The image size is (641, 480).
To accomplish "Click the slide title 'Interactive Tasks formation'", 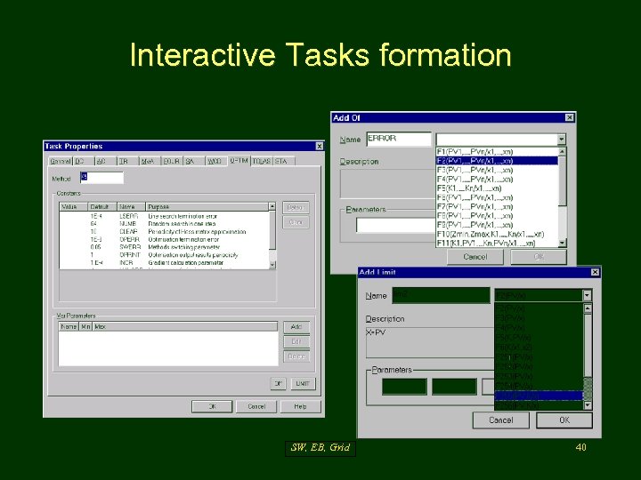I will [x=320, y=55].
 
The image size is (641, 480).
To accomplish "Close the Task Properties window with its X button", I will [x=320, y=146].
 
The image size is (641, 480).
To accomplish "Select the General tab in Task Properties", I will [x=61, y=161].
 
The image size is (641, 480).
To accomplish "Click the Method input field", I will [x=101, y=178].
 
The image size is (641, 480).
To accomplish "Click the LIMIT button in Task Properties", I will [x=302, y=383].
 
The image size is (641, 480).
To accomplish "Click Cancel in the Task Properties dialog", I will [x=256, y=406].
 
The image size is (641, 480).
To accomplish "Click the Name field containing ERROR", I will [x=399, y=139].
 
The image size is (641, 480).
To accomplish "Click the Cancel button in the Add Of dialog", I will [x=475, y=257].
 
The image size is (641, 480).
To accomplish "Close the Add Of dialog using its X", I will [x=570, y=117].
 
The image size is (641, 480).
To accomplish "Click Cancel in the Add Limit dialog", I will [x=500, y=420].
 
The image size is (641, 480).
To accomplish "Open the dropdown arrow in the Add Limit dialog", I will [x=587, y=295].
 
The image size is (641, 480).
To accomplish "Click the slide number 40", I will [x=580, y=448].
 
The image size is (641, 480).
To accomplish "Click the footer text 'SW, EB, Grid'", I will [x=320, y=448].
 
